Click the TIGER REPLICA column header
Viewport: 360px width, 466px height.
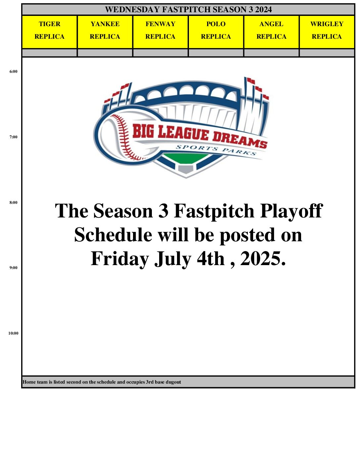pyautogui.click(x=50, y=32)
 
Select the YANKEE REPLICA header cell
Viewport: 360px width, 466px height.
pyautogui.click(x=105, y=32)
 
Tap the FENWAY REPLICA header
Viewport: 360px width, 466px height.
pyautogui.click(x=160, y=32)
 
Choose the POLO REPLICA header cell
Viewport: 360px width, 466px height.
pyautogui.click(x=216, y=32)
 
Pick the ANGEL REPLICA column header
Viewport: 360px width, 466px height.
pyautogui.click(x=271, y=32)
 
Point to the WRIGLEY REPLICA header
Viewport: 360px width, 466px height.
pyautogui.click(x=327, y=32)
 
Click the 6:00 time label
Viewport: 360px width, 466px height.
pyautogui.click(x=13, y=71)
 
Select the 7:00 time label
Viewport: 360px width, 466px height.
pyautogui.click(x=13, y=137)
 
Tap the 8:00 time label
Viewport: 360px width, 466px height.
pyautogui.click(x=13, y=203)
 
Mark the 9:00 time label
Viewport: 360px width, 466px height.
pyautogui.click(x=13, y=268)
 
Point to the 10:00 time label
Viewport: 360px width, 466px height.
pyautogui.click(x=13, y=333)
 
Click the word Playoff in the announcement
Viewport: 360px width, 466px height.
pyautogui.click(x=292, y=211)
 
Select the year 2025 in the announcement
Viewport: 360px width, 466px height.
pyautogui.click(x=263, y=258)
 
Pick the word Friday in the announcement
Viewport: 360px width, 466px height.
pyautogui.click(x=120, y=259)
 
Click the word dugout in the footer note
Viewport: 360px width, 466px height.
pyautogui.click(x=173, y=382)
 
